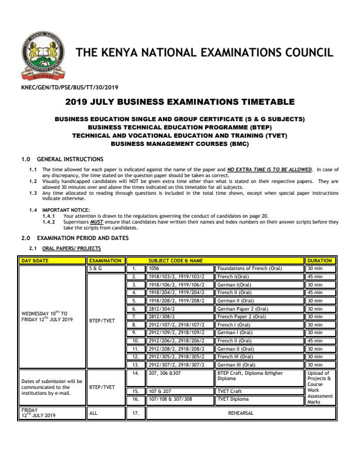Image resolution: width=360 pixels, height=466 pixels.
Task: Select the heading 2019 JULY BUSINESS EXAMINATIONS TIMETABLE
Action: [179, 102]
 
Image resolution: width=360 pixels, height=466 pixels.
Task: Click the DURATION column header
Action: [320, 260]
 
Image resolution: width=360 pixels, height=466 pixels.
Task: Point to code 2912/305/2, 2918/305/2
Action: [176, 356]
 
